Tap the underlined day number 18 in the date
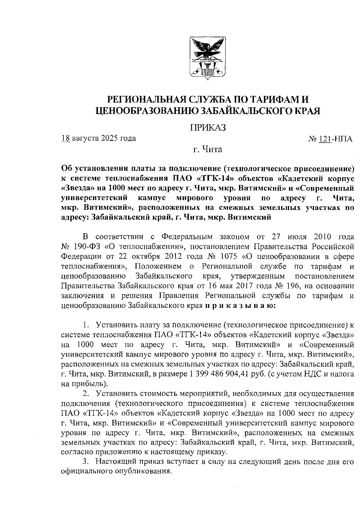pos(66,138)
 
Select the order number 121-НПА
pos(335,139)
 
